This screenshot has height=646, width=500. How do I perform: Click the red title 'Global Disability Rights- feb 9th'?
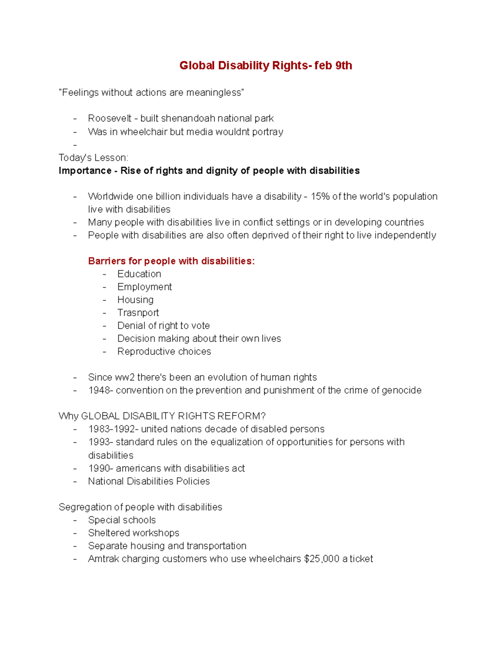click(x=265, y=66)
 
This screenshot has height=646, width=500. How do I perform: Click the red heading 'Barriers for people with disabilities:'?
click(x=171, y=261)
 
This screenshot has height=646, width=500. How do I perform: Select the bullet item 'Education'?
click(x=139, y=274)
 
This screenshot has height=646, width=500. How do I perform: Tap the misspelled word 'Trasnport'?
click(x=138, y=312)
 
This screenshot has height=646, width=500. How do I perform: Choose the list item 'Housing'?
click(x=135, y=299)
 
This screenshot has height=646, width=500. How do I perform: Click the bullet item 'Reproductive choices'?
click(x=164, y=351)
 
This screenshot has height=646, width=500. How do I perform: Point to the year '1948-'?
click(x=100, y=390)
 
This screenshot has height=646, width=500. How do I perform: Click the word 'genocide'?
click(x=402, y=390)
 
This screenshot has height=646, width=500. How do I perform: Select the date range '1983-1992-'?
click(x=113, y=429)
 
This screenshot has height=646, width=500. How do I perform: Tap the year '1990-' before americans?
click(x=100, y=468)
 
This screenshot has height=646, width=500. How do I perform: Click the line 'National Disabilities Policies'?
click(x=149, y=481)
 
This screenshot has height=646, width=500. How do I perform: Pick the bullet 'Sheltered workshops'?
click(x=134, y=533)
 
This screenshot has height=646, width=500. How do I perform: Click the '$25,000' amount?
click(x=322, y=559)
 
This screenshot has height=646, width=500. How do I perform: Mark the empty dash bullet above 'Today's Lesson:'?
click(x=75, y=145)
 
